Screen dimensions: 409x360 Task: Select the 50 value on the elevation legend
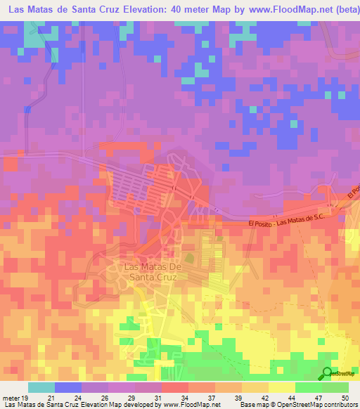point(345,397)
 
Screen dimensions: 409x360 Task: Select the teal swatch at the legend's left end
point(41,387)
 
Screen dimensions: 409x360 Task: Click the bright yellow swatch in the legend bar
point(281,387)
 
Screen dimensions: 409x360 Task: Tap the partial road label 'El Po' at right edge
point(354,191)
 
